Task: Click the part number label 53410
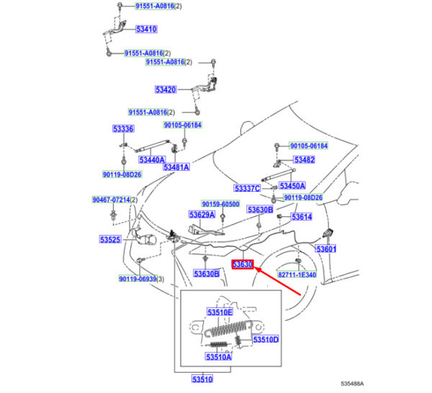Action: coord(146,30)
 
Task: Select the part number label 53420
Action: coord(165,90)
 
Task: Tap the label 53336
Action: coord(122,129)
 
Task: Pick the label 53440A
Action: coord(152,159)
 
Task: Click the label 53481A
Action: coord(176,167)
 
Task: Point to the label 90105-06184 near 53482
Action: coord(309,146)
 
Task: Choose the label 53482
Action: coord(305,159)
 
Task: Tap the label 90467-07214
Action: coord(111,200)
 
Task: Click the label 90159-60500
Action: coord(220,204)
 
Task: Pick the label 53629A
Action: coord(202,215)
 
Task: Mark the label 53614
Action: coord(301,216)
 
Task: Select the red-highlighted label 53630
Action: coord(242,265)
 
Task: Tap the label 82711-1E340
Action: coord(317,275)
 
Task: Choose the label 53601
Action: coord(326,249)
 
